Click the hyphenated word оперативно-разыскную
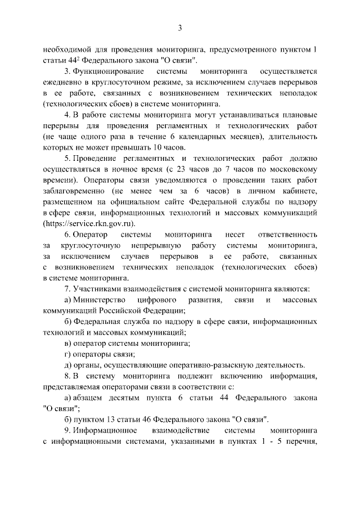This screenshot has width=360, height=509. [214, 364]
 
